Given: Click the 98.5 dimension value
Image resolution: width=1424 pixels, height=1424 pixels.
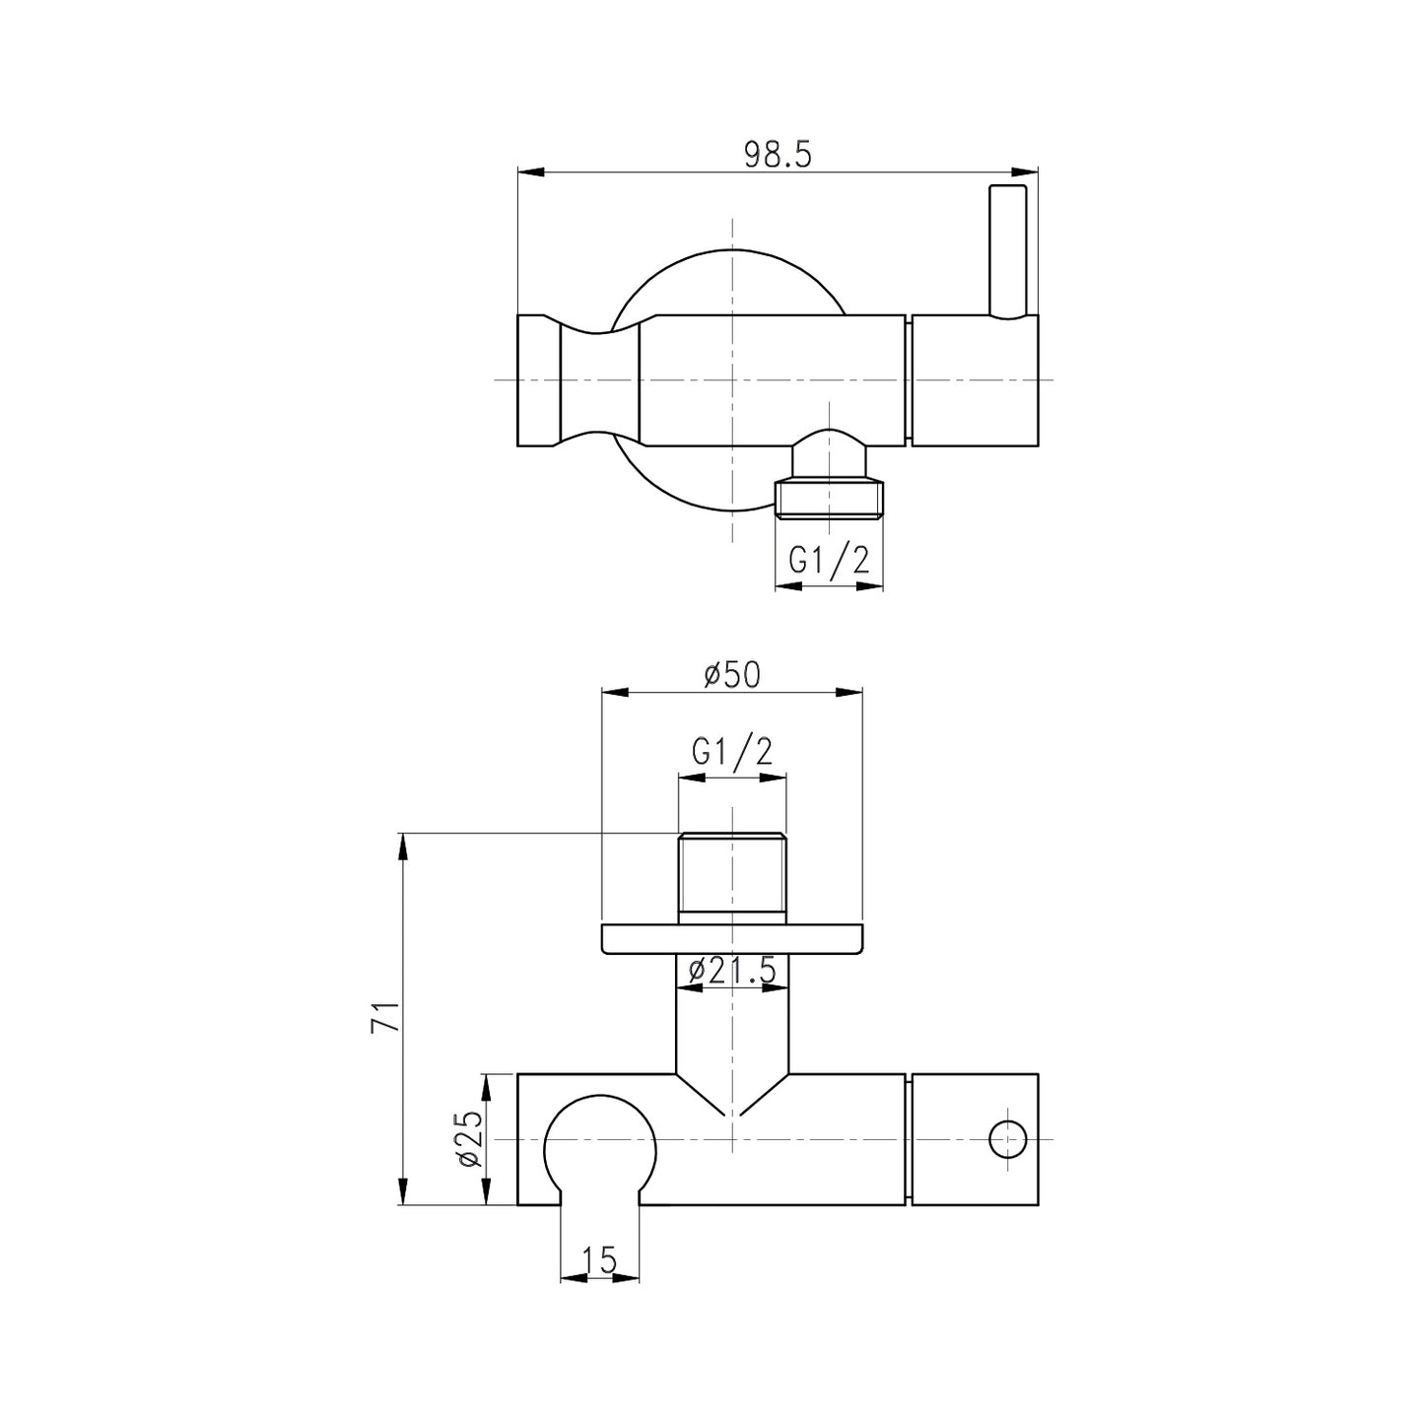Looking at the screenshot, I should coord(777,155).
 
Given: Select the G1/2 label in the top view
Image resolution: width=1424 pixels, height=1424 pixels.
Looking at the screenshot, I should coord(829,560).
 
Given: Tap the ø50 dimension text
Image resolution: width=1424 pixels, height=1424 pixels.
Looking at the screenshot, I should coord(731,675).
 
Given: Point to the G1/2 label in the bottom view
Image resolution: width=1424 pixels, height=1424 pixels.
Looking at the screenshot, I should coord(731,752).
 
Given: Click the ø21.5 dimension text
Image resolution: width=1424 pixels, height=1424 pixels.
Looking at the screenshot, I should coord(731,971).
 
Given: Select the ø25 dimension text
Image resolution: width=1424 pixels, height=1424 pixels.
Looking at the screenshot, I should coord(469,1139).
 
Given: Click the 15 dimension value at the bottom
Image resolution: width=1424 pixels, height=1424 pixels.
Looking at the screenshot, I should coord(598,1259).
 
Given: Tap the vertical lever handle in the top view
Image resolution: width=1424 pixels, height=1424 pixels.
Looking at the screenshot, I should coord(1008,251).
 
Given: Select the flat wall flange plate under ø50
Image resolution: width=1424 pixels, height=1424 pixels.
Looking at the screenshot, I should coord(731,939).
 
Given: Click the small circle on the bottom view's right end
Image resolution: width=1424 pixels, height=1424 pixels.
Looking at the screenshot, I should coord(1008,1139).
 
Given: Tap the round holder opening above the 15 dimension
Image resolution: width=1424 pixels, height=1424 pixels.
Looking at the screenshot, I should coord(599,1148).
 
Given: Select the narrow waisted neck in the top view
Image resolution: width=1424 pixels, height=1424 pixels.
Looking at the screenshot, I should coord(599,380).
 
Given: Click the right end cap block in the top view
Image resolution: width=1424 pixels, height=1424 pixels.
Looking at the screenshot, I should coord(974,380).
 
